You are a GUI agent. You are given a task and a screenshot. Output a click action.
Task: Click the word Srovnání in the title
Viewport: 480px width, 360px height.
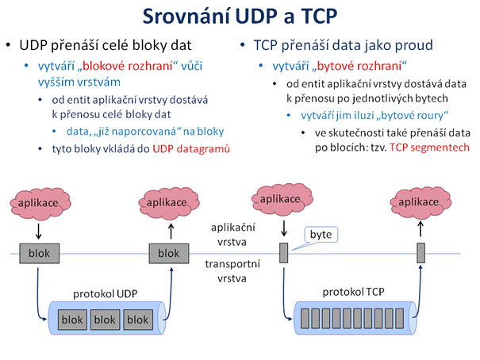pyautogui.click(x=186, y=16)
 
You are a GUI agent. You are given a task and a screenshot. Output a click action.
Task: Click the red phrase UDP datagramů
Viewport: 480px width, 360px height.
pyautogui.click(x=191, y=148)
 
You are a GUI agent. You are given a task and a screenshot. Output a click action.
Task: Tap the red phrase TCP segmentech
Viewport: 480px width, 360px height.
pyautogui.click(x=429, y=147)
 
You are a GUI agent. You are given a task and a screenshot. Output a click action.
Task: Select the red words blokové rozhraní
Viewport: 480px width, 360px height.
pyautogui.click(x=128, y=66)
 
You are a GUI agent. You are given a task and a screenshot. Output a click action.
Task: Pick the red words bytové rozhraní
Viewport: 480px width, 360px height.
pyautogui.click(x=359, y=66)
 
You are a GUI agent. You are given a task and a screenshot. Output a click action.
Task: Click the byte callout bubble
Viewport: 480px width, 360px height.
pyautogui.click(x=321, y=235)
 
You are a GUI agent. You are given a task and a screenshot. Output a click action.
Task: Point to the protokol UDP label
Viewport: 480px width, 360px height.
pyautogui.click(x=105, y=294)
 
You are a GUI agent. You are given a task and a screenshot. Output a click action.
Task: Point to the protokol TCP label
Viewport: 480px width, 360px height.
pyautogui.click(x=353, y=292)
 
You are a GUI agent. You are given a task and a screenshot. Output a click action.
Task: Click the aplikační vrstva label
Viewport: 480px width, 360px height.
pyautogui.click(x=232, y=235)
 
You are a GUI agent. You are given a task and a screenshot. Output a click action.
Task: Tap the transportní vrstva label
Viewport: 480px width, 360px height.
pyautogui.click(x=232, y=271)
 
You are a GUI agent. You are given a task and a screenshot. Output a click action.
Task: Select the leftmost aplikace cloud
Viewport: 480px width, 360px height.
pyautogui.click(x=40, y=204)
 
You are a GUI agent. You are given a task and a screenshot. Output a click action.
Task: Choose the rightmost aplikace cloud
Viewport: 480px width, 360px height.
pyautogui.click(x=420, y=202)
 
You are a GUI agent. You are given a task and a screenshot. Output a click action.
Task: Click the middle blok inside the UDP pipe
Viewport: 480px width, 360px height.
pyautogui.click(x=105, y=320)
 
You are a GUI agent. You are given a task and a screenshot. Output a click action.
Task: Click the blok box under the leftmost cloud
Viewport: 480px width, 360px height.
pyautogui.click(x=39, y=254)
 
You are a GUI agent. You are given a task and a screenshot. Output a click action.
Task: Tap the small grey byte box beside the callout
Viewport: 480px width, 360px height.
pyautogui.click(x=284, y=253)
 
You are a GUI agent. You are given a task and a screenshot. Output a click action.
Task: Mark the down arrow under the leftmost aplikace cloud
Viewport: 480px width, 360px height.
pyautogui.click(x=39, y=232)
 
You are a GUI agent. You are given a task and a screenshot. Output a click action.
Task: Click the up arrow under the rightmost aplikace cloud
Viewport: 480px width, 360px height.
pyautogui.click(x=420, y=229)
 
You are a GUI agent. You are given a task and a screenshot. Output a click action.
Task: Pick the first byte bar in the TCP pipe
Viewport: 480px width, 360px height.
pyautogui.click(x=305, y=319)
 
